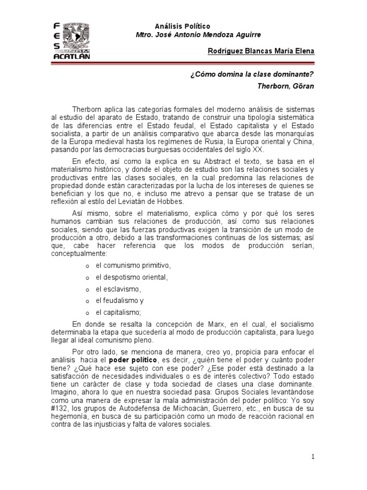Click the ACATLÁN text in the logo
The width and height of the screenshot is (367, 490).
pyautogui.click(x=70, y=56)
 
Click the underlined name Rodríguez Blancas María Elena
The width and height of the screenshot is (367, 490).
pyautogui.click(x=261, y=51)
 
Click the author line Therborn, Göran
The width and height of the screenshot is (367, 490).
pyautogui.click(x=286, y=87)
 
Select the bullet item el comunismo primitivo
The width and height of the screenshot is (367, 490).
pyautogui.click(x=133, y=265)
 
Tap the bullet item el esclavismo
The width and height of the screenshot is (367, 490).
pyautogui.click(x=119, y=289)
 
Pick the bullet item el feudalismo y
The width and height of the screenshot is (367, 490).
pyautogui.click(x=120, y=301)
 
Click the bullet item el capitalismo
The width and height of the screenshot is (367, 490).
pyautogui.click(x=119, y=313)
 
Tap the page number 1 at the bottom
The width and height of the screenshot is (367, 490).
pyautogui.click(x=313, y=457)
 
